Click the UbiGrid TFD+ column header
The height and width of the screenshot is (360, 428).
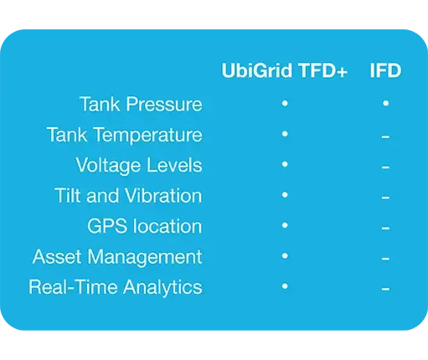pos(285,70)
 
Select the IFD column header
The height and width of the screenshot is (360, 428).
pos(385,70)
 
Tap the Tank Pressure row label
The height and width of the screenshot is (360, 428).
pos(141,104)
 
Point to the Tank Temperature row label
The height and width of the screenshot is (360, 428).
pos(125,135)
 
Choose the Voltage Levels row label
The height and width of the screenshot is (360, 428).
pos(139,165)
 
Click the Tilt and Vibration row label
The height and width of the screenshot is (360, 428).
pos(128,195)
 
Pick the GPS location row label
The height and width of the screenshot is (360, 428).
pos(144,226)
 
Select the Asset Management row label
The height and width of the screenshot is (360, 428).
pos(117,257)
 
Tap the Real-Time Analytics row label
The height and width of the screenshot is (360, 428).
pos(116,287)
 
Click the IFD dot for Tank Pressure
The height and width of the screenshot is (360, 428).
pos(386,104)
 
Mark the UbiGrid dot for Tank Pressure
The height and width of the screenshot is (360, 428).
pos(285,104)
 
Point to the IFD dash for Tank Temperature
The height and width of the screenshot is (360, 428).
pos(385,136)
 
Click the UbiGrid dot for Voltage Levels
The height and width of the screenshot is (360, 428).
pos(285,164)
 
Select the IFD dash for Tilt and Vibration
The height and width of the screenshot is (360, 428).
pos(385,198)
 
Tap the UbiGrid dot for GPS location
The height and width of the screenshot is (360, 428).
pos(285,225)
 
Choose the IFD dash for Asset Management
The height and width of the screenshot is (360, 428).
pos(385,259)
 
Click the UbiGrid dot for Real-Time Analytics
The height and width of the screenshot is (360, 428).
pos(285,286)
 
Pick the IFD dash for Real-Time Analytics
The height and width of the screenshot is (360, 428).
pos(385,289)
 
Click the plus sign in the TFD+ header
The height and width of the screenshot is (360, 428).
pos(342,71)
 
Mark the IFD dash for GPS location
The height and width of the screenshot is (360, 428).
pos(385,228)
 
